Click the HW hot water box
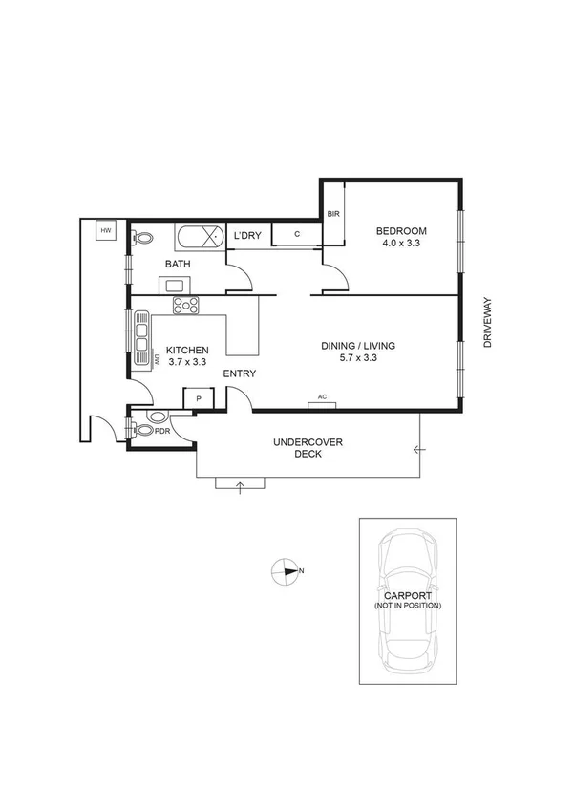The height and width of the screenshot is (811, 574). [105, 230]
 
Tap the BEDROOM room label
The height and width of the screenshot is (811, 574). [400, 231]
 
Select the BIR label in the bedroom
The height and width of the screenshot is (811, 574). [333, 215]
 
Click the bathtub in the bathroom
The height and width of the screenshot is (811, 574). [200, 236]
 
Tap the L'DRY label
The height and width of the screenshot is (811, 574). [247, 236]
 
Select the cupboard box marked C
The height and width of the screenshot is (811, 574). [297, 234]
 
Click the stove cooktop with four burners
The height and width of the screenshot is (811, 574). [185, 306]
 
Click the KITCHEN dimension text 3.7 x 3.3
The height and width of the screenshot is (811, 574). [186, 363]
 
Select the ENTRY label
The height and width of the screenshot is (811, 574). [239, 373]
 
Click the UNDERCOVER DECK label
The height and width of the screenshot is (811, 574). [308, 448]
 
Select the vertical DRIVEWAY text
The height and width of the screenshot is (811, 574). [487, 322]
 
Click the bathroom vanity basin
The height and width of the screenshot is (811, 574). [176, 284]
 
